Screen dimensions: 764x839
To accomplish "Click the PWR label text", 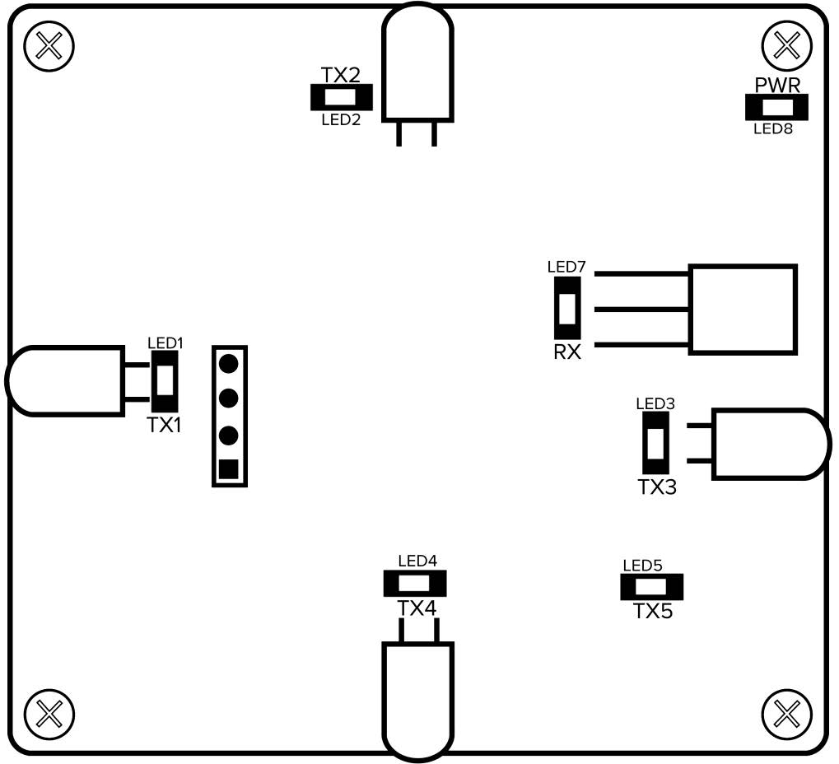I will pyautogui.click(x=777, y=85).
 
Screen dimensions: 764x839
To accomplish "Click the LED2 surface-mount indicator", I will pyautogui.click(x=342, y=98).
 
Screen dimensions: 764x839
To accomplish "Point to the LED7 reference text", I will pyautogui.click(x=566, y=267).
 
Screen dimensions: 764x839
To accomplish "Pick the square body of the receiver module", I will pyautogui.click(x=743, y=310).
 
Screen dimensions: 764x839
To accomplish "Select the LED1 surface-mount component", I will pyautogui.click(x=165, y=380).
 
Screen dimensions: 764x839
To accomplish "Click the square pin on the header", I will pyautogui.click(x=229, y=469).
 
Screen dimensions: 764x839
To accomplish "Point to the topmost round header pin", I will pyautogui.click(x=229, y=361).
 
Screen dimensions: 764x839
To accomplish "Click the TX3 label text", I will pyautogui.click(x=657, y=487).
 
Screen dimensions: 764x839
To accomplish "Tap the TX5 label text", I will pyautogui.click(x=653, y=611).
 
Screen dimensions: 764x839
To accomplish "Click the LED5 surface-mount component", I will pyautogui.click(x=651, y=588).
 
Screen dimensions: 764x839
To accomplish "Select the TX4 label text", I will pyautogui.click(x=417, y=608).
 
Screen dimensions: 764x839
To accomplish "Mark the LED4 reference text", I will pyautogui.click(x=417, y=561).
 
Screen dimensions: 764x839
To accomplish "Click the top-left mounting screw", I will pyautogui.click(x=49, y=46).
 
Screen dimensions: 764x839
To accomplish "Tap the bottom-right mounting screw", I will pyautogui.click(x=788, y=713).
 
